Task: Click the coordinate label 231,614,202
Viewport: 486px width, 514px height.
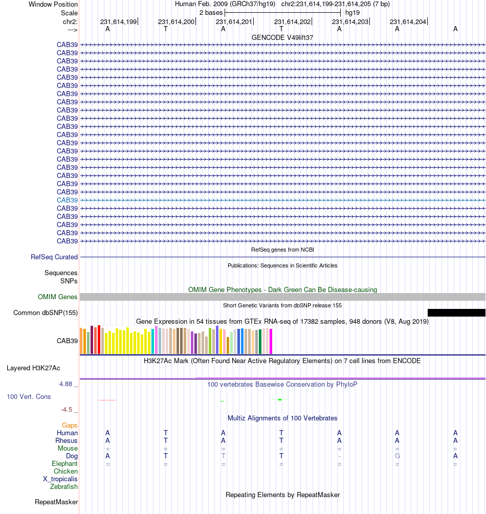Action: [x=292, y=22]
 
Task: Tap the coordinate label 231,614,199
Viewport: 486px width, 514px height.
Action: [x=118, y=22]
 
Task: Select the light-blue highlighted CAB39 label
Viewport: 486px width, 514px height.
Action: [x=67, y=200]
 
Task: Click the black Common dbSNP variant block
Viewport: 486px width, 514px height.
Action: [x=456, y=312]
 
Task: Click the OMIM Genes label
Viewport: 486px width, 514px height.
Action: [x=58, y=297]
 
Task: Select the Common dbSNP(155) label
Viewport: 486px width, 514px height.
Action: [x=46, y=313]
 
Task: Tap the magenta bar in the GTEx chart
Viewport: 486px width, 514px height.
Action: [x=271, y=341]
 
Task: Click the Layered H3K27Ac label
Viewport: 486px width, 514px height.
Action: [x=33, y=368]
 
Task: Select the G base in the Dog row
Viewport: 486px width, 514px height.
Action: [x=397, y=456]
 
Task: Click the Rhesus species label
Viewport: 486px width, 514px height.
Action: [x=67, y=440]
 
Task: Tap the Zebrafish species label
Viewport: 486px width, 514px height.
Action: [x=64, y=487]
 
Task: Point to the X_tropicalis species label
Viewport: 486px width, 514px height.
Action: [x=60, y=479]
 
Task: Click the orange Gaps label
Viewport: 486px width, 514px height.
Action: [x=70, y=425]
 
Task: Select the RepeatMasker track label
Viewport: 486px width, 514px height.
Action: [x=56, y=502]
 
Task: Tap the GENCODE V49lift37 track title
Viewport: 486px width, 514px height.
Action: [x=282, y=37]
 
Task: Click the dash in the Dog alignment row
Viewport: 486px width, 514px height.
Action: [x=339, y=456]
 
